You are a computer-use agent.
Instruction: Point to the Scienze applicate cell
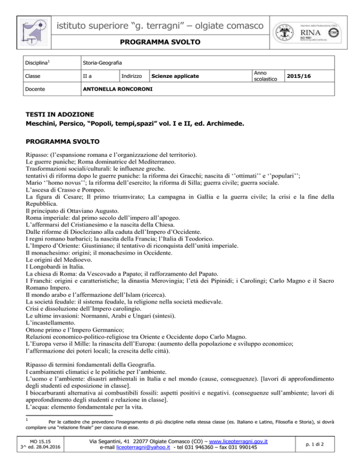coord(172,75)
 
